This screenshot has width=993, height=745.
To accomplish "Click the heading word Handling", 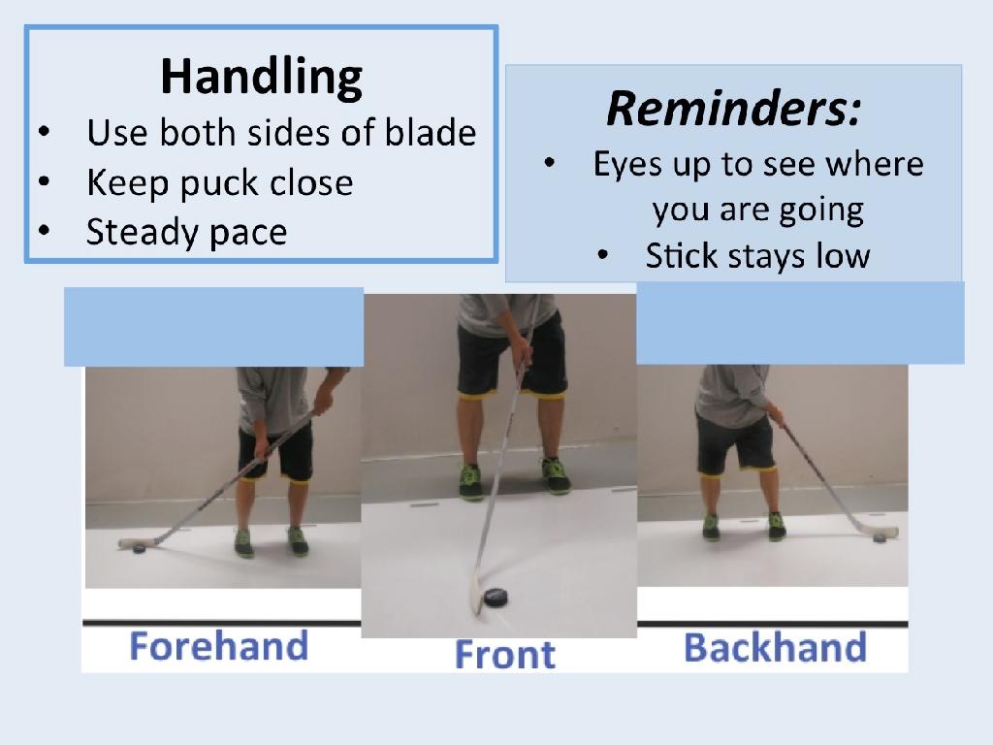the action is (262, 78).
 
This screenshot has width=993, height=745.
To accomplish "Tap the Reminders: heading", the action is (734, 109).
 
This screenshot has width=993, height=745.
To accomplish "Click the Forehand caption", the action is (219, 646).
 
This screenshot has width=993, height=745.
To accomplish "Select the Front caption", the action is (505, 654).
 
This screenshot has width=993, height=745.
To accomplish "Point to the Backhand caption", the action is (775, 647).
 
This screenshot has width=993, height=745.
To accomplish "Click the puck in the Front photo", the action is (496, 598).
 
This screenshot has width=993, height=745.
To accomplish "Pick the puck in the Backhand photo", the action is (879, 537).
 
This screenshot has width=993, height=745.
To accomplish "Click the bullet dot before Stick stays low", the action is (603, 255).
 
